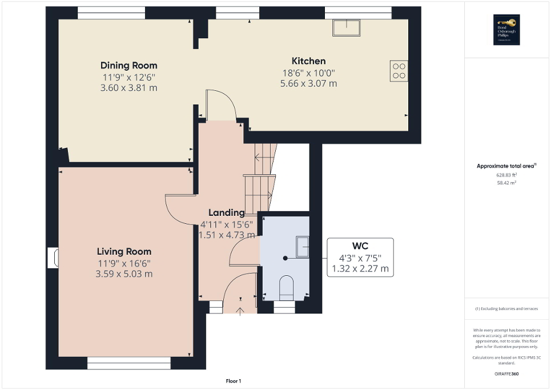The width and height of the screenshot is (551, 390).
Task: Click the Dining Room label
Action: pos(128,66)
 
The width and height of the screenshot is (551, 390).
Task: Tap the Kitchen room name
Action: pos(308,61)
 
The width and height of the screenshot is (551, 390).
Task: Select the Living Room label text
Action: pos(124,251)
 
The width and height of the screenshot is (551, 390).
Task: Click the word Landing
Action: pos(226,213)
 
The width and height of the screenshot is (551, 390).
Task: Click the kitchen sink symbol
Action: pos(347,26)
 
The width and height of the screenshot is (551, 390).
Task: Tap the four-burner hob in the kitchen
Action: pos(399,70)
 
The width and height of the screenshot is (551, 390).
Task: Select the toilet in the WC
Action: pos(285,287)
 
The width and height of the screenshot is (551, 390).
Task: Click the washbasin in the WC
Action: pos(301,247)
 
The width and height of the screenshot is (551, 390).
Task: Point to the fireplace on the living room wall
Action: pos(53,258)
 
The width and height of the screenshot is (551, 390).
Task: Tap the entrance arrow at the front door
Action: pos(239,310)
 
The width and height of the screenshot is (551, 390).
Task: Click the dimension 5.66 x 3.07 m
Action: pos(308,83)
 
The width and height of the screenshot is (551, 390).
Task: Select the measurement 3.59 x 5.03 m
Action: pos(124,274)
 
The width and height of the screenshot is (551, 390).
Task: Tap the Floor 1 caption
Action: pos(232,381)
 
